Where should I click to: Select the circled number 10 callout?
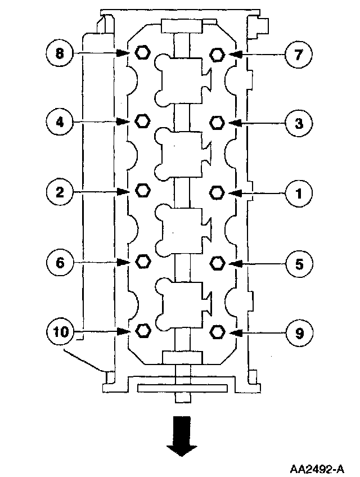pyautogui.click(x=60, y=332)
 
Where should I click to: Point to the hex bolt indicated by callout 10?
pyautogui.click(x=143, y=330)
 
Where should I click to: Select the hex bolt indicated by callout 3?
pyautogui.click(x=217, y=122)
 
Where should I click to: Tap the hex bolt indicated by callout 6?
pyautogui.click(x=143, y=260)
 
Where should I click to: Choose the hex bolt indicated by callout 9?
pyautogui.click(x=217, y=331)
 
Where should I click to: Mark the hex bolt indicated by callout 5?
pyautogui.click(x=217, y=262)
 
